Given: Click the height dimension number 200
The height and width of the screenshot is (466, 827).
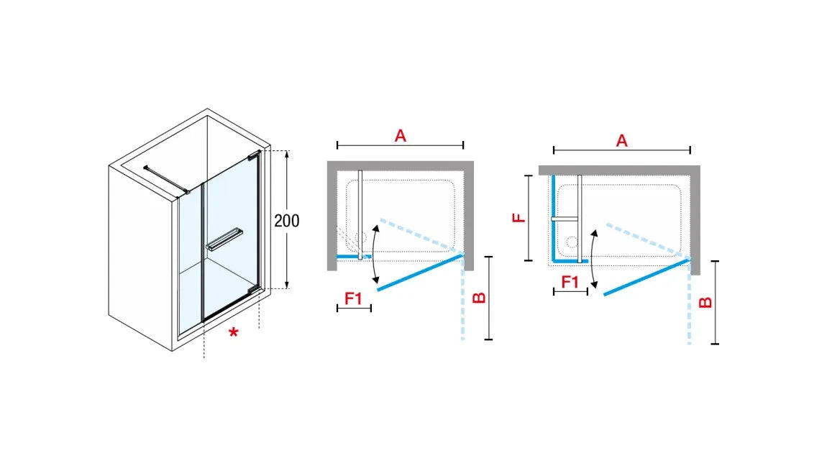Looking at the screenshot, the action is tap(286, 220).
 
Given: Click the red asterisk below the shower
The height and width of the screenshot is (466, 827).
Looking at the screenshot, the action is tap(233, 333).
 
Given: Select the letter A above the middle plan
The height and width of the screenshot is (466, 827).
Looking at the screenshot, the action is tap(401, 136).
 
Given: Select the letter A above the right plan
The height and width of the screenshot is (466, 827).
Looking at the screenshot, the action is tap(622, 141).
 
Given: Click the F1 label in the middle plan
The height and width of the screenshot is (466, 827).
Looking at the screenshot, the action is tap(353, 299).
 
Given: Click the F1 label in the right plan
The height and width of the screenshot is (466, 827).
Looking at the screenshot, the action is tap(570, 282).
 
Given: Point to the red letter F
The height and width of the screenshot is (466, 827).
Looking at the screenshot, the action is tap(519, 217).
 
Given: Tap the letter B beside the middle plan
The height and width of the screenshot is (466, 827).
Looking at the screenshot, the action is tap(478, 298).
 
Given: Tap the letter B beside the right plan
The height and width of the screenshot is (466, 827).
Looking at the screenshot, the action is tap(705, 303).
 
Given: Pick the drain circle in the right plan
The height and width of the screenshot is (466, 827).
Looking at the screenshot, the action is tap(572, 242).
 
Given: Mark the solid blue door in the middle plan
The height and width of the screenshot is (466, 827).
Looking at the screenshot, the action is tap(420, 273).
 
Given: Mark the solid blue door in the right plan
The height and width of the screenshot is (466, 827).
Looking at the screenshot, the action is tap(646, 277).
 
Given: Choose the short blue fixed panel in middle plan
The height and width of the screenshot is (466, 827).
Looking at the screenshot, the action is tap(354, 257).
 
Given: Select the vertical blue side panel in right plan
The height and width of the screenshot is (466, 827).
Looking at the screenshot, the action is tap(553, 218).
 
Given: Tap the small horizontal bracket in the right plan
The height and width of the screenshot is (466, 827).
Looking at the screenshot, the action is tap(565, 219).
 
